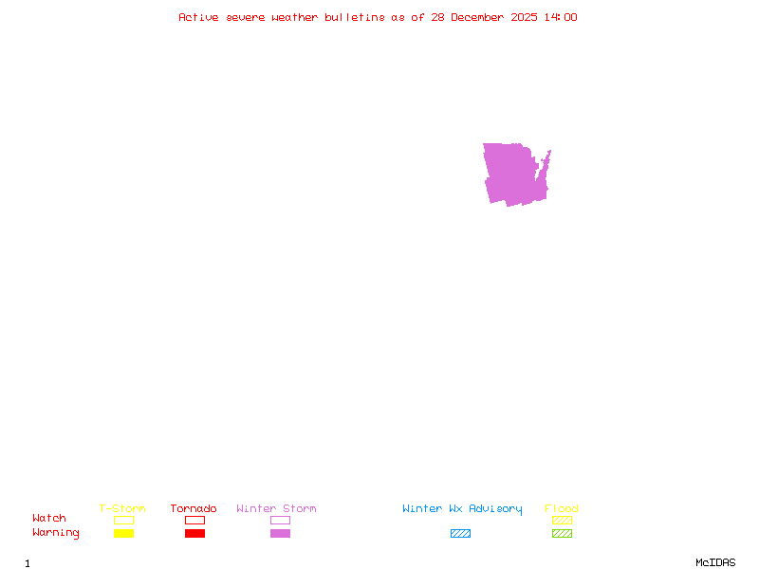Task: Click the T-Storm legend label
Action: pos(122,508)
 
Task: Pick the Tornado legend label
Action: pos(194,508)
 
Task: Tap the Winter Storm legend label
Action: pos(276,508)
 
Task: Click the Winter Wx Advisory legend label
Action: pos(462,508)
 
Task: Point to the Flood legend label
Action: pos(562,508)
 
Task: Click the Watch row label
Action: pos(49,519)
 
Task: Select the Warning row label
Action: pos(56,533)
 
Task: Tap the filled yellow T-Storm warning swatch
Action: pos(123,533)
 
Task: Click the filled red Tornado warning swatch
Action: pos(194,533)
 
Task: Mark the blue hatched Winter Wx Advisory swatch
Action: pos(460,533)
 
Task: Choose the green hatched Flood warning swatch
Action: pos(562,533)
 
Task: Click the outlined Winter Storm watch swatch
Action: pos(280,520)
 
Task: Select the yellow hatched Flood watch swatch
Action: pos(562,520)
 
